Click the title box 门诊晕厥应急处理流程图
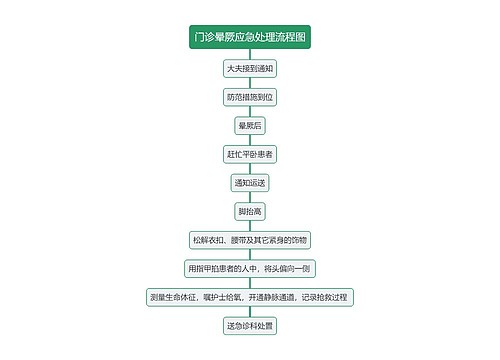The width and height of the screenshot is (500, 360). click(250, 38)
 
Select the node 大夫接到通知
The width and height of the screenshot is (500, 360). click(250, 69)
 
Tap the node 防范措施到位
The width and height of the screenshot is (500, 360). click(250, 97)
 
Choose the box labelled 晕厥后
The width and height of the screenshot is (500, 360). click(250, 126)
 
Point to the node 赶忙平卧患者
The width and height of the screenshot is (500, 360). click(250, 154)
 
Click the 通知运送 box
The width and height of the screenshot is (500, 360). click(250, 183)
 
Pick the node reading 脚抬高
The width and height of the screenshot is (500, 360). click(250, 211)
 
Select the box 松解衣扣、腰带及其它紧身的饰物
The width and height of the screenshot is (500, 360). click(250, 240)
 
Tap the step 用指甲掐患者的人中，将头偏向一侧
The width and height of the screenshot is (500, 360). click(250, 268)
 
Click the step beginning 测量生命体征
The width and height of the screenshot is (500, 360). click(250, 297)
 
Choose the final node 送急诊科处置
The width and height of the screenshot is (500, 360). click(250, 325)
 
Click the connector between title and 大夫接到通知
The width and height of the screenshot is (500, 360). click(250, 55)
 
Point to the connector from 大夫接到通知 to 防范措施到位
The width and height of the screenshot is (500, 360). click(250, 83)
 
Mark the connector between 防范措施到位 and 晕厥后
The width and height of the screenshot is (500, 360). click(250, 112)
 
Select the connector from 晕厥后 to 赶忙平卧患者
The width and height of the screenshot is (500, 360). click(250, 140)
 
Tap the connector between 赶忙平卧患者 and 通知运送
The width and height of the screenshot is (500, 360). click(250, 169)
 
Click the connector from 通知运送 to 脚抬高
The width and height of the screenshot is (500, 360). click(250, 197)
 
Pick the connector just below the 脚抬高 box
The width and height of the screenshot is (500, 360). click(250, 226)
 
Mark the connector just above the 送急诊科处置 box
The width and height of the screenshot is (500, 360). click(250, 311)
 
